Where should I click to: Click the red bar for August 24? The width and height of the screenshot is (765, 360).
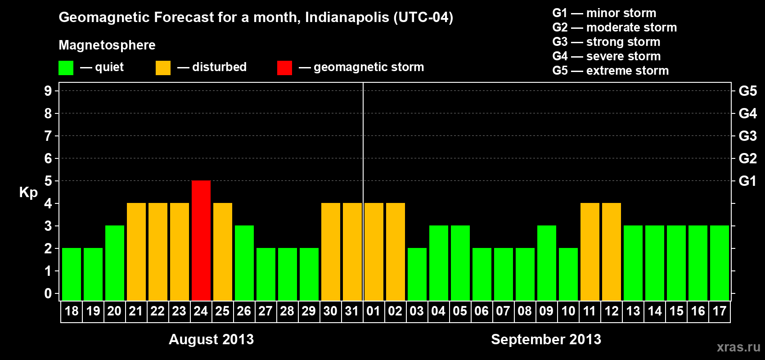[x=201, y=240]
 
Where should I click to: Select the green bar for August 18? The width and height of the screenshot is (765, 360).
[x=72, y=274]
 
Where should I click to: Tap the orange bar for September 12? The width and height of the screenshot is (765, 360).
[x=612, y=252]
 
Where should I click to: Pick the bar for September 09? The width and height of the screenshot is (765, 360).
[x=547, y=263]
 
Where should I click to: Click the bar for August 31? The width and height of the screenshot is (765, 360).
[x=352, y=252]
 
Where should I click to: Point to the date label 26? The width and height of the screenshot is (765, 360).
[x=244, y=311]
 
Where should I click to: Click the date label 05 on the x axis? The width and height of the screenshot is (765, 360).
[x=460, y=311]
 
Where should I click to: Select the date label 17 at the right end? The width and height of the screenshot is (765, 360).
[x=720, y=311]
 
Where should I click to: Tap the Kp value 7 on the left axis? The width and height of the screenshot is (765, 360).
[x=48, y=136]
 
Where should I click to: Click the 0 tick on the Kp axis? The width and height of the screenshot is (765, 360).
[x=48, y=294]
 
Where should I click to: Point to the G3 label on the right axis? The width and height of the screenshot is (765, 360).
[x=747, y=136]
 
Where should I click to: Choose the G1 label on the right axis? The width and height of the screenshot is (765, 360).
[x=747, y=181]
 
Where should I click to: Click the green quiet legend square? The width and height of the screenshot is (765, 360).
[x=66, y=68]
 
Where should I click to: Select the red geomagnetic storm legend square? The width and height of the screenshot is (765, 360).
[x=284, y=68]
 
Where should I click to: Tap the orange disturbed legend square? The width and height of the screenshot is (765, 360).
[x=163, y=68]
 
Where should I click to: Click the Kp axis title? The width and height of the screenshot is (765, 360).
[x=28, y=192]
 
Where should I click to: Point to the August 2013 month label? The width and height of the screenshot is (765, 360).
[x=211, y=339]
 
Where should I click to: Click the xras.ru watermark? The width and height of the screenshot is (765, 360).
[x=738, y=347]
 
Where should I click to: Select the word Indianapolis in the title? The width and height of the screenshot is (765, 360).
[x=347, y=17]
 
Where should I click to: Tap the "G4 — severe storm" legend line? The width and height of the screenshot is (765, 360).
[x=606, y=56]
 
